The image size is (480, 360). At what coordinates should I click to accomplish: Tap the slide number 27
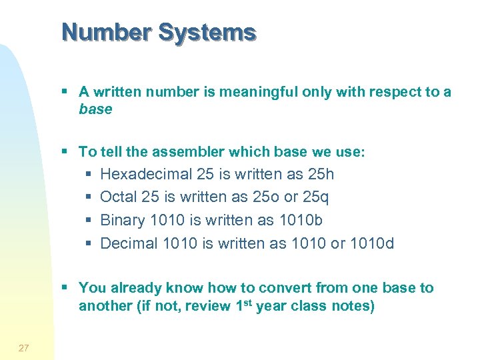(x=24, y=347)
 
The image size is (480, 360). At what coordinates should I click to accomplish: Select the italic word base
(x=95, y=109)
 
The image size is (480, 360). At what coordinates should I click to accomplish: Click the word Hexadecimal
(x=145, y=175)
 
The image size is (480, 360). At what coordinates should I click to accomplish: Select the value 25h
(x=321, y=175)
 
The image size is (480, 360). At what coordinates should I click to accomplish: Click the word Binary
(x=123, y=220)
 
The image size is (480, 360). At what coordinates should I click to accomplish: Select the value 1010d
(x=371, y=243)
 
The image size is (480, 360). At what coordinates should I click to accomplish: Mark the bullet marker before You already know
(x=65, y=288)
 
